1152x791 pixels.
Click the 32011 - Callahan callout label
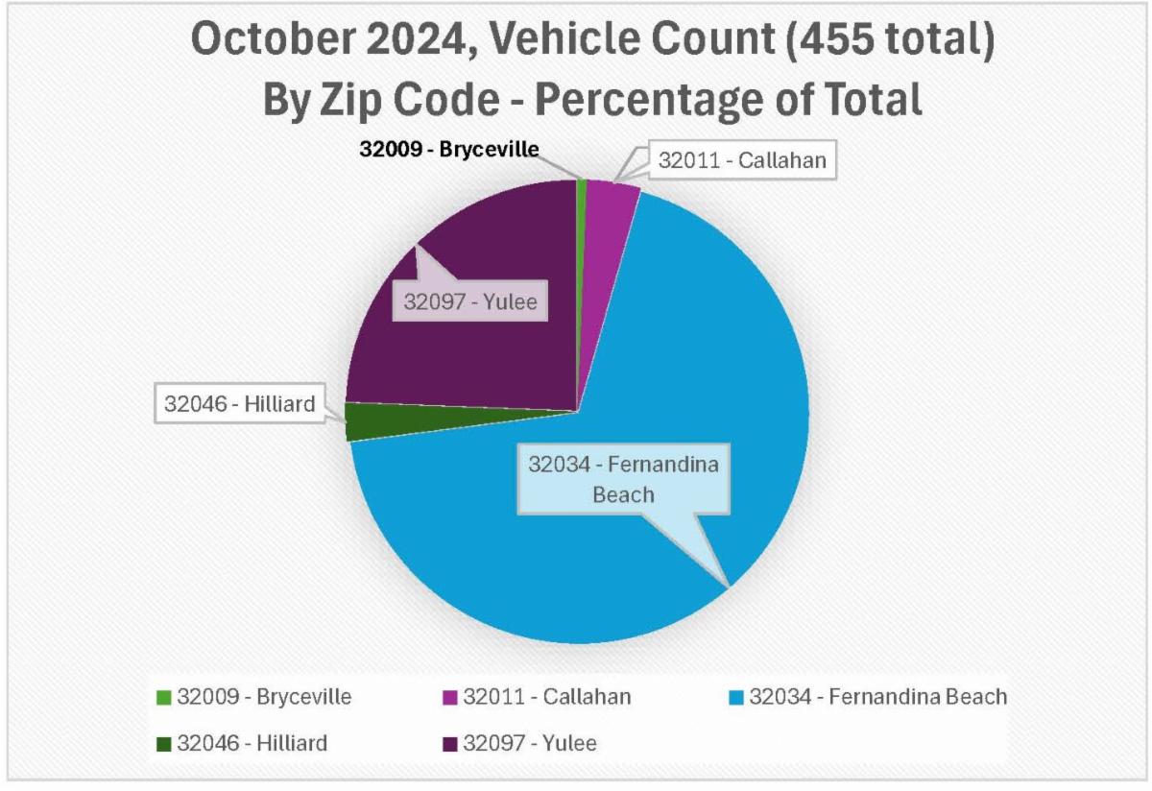(x=741, y=160)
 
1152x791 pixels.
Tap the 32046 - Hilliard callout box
(x=239, y=403)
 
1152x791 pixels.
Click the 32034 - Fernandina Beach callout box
(x=623, y=478)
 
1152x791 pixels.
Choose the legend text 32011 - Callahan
(x=547, y=697)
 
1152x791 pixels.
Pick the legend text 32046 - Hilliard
(x=252, y=743)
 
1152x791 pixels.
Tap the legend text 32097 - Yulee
(x=530, y=743)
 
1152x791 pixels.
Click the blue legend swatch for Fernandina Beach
(x=736, y=697)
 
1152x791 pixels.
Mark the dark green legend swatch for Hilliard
(x=163, y=743)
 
